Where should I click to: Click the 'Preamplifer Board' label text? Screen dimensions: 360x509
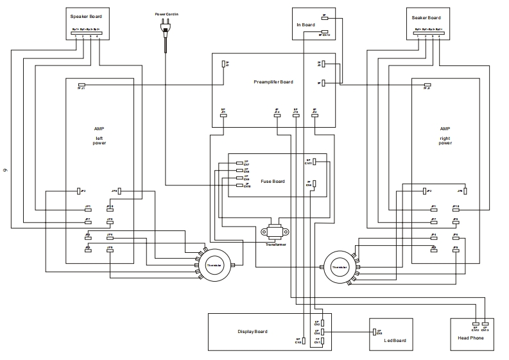tap(273, 82)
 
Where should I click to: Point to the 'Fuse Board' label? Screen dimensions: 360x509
tap(273, 182)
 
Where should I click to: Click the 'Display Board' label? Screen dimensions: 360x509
tap(252, 332)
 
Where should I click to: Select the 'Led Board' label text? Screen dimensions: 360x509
tap(395, 341)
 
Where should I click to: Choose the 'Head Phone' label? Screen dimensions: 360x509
tap(470, 338)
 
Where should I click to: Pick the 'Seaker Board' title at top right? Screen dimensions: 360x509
tap(426, 17)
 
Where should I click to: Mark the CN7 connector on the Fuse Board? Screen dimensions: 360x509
tap(239, 163)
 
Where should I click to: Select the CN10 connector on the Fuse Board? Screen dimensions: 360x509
tap(239, 185)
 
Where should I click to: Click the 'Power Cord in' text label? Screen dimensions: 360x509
tap(166, 13)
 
